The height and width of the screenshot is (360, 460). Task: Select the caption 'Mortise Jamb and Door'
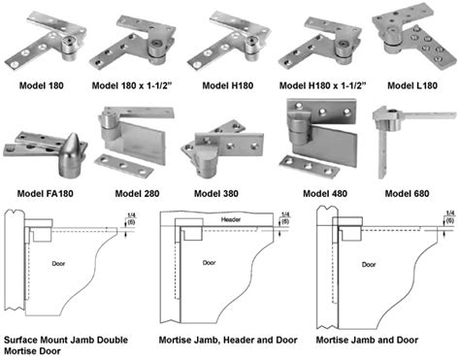(360, 340)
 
